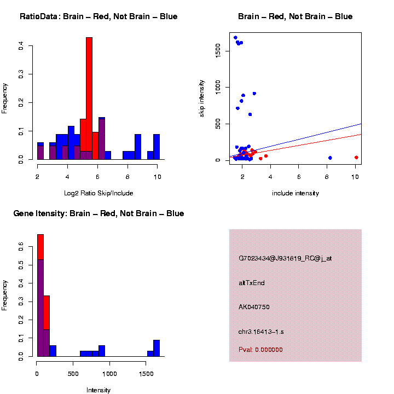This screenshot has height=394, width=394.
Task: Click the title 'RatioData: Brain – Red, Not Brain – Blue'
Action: pyautogui.click(x=99, y=17)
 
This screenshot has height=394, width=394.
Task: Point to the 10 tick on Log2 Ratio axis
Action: pyautogui.click(x=158, y=177)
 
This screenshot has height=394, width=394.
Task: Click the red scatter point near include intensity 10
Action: pyautogui.click(x=356, y=157)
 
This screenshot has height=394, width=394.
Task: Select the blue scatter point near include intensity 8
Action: pyautogui.click(x=330, y=158)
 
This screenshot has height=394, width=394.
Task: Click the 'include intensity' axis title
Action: pyautogui.click(x=296, y=193)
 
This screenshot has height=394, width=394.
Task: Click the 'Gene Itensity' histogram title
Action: pyautogui.click(x=99, y=213)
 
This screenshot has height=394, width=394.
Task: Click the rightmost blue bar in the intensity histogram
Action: pyautogui.click(x=157, y=347)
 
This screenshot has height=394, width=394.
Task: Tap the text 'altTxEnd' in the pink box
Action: pyautogui.click(x=252, y=283)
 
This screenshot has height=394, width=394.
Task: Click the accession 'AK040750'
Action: pyautogui.click(x=254, y=307)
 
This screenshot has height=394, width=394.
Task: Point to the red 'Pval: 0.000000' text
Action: pyautogui.click(x=260, y=350)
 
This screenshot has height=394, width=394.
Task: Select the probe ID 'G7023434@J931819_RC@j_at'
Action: pyautogui.click(x=285, y=258)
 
